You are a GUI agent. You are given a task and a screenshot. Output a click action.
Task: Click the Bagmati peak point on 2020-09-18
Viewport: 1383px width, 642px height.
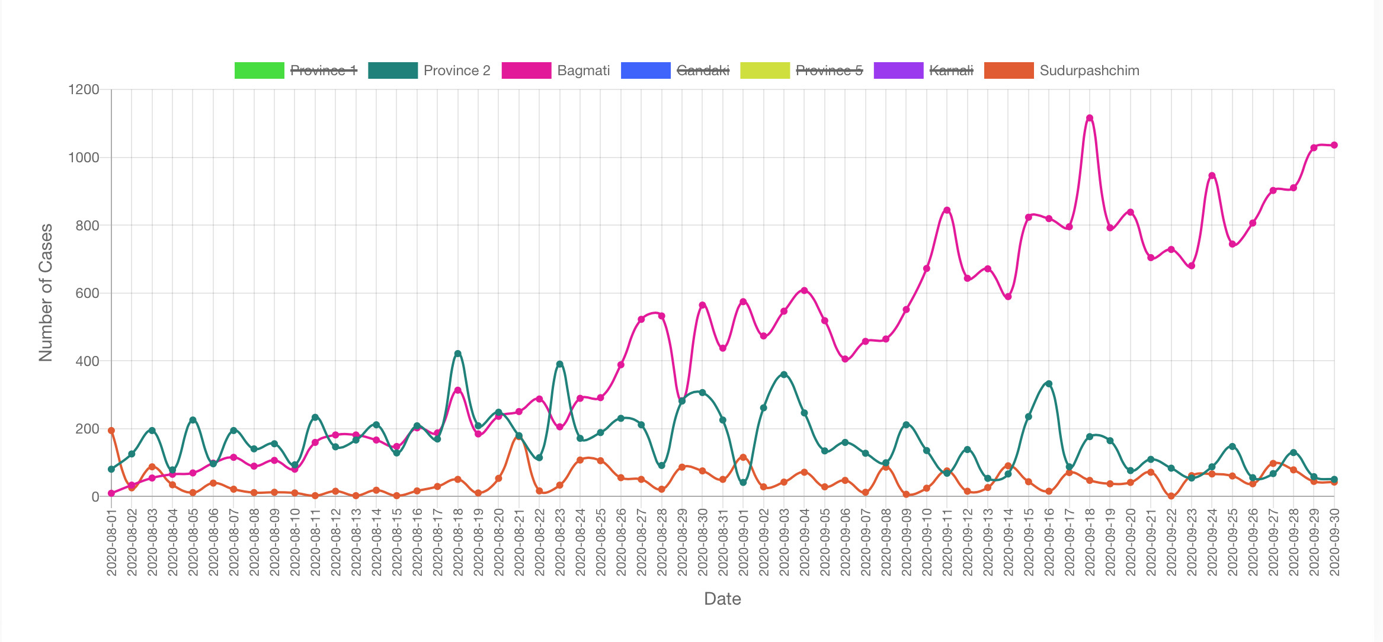(1089, 118)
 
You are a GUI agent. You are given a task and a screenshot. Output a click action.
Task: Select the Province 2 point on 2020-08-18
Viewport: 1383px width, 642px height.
(457, 354)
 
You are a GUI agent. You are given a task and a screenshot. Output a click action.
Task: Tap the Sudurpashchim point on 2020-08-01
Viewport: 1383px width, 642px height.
(111, 431)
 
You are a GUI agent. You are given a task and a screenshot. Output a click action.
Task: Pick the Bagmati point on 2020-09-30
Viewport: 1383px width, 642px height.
(1334, 145)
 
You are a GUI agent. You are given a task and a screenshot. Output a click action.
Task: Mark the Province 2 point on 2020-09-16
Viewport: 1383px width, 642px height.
(1049, 384)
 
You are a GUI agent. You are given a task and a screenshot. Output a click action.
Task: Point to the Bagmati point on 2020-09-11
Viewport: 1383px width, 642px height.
(947, 210)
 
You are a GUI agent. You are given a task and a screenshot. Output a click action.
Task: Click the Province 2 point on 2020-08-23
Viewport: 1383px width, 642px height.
(559, 364)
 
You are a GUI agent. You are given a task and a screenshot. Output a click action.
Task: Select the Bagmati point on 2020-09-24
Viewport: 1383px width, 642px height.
(1212, 176)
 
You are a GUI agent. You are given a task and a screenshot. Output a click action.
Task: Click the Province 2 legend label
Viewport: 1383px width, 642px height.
(457, 70)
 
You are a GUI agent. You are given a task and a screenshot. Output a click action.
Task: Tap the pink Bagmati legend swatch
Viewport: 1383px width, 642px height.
(526, 70)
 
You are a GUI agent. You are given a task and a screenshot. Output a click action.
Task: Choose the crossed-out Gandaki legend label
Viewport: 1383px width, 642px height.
(703, 70)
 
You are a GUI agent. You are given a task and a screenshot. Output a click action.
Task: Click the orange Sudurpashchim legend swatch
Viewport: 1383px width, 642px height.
(1009, 70)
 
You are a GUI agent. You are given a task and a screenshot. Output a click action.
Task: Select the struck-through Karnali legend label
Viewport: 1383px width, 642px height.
(951, 70)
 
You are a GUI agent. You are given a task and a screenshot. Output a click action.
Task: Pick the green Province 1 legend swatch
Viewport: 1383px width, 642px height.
(260, 70)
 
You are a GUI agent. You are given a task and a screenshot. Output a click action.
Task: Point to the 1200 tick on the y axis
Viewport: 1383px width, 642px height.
(84, 90)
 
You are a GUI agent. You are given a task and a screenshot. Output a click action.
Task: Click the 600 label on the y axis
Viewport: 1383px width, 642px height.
(87, 293)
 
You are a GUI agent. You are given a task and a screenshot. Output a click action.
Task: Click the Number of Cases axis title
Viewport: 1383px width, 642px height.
(46, 293)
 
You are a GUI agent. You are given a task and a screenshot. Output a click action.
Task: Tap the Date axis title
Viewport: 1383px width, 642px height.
(722, 599)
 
